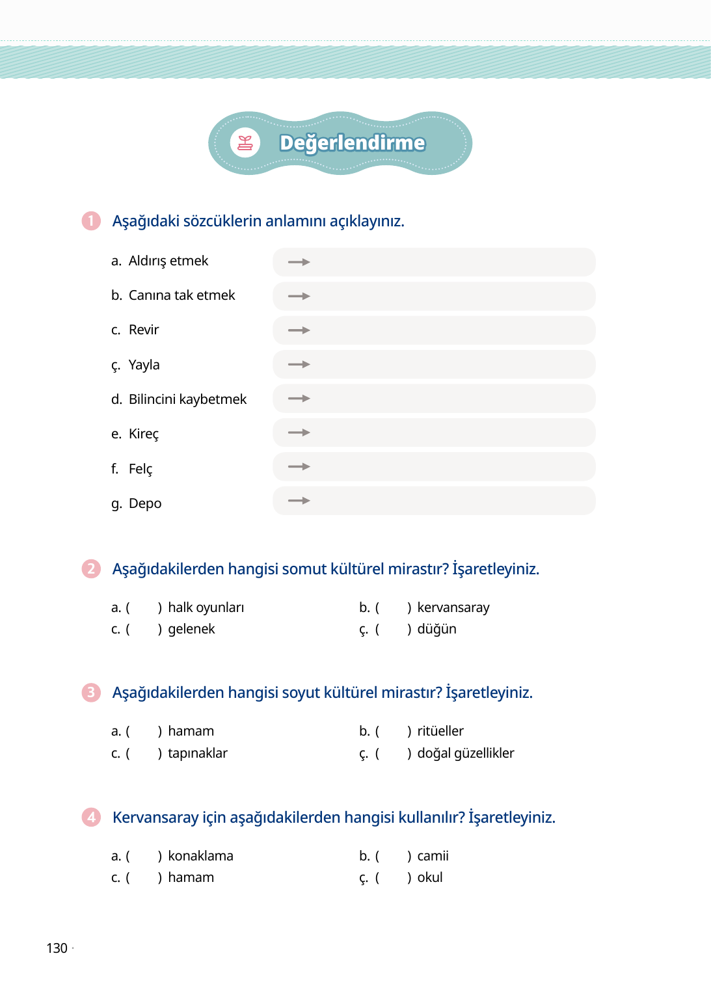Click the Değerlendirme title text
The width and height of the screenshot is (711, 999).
point(352,143)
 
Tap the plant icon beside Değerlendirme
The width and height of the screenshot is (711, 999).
point(245,143)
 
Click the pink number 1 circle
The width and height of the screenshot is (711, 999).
point(91,221)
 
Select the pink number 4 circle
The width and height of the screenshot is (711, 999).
point(91,817)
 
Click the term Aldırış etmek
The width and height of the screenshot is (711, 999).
point(168,261)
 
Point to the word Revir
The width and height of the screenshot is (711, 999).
point(143,330)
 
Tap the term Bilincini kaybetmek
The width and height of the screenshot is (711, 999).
point(187,399)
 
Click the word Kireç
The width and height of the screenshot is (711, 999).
point(143,434)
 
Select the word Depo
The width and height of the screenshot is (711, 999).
point(144,503)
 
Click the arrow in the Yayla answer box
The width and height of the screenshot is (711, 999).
point(299,364)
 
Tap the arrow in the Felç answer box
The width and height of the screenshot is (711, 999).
point(299,466)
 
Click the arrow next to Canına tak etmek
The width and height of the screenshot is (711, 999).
point(299,296)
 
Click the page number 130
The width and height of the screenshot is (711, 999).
point(57,948)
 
